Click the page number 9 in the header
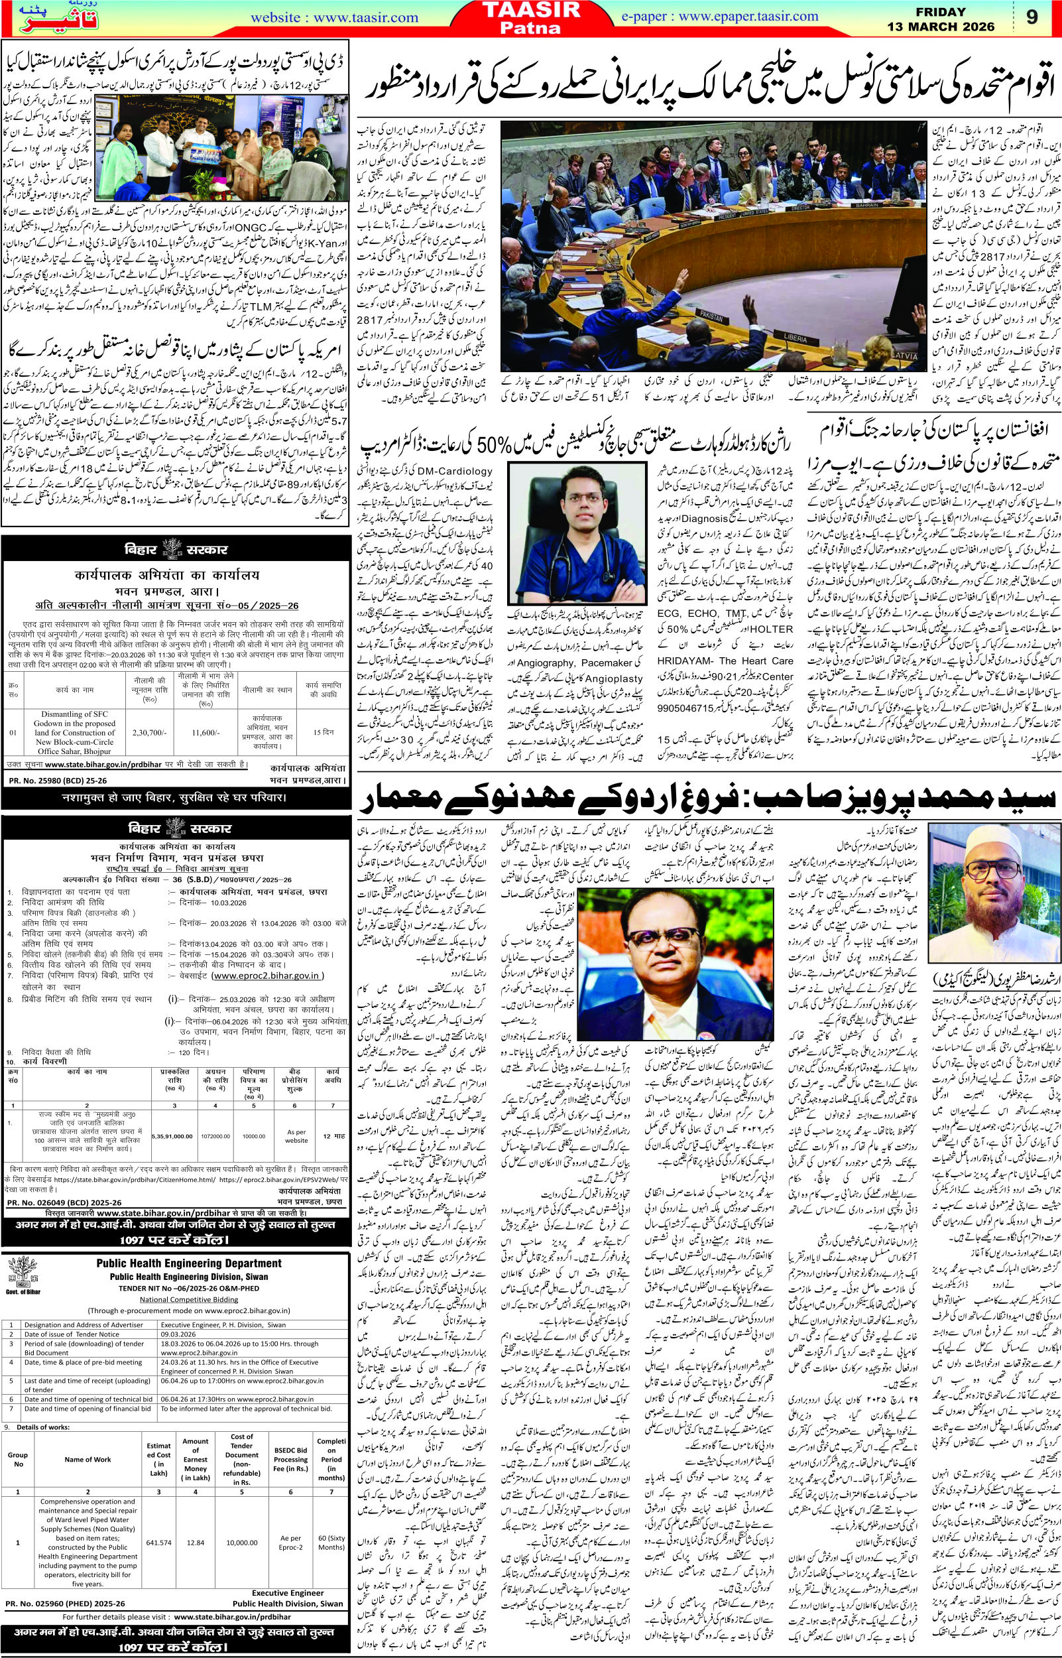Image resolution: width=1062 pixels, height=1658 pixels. pyautogui.click(x=1032, y=17)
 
